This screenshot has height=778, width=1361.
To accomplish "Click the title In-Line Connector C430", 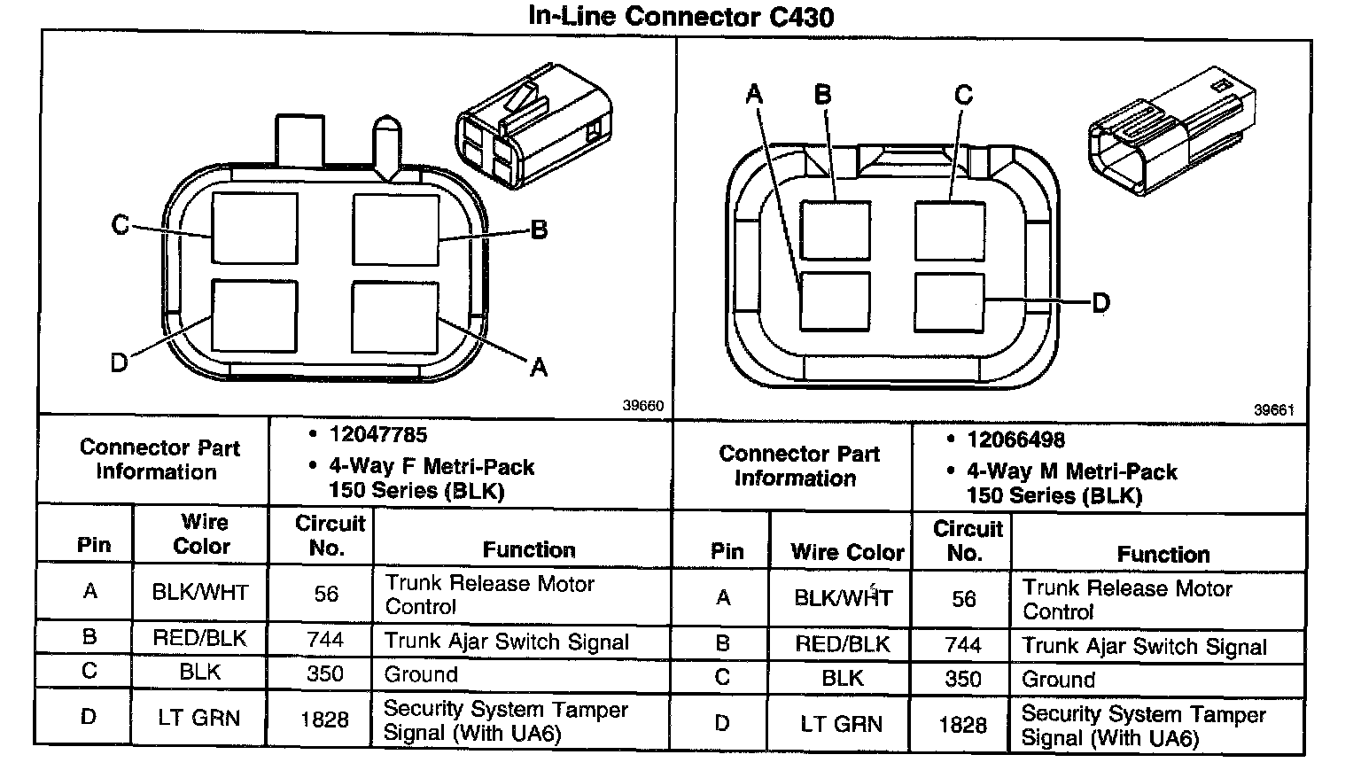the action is pyautogui.click(x=680, y=17).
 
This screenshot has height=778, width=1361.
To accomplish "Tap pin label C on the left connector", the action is pyautogui.click(x=120, y=225).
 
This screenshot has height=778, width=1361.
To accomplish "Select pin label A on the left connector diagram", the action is pyautogui.click(x=539, y=367).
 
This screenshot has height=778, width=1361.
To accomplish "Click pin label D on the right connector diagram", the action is pyautogui.click(x=1101, y=303).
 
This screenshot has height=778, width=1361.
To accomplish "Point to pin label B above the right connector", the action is pyautogui.click(x=822, y=95).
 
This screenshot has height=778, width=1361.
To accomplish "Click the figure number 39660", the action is pyautogui.click(x=642, y=406).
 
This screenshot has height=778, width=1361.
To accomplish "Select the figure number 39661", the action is pyautogui.click(x=1274, y=410).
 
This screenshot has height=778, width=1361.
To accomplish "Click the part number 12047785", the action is pyautogui.click(x=378, y=435).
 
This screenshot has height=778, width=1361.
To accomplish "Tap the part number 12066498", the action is pyautogui.click(x=1016, y=440).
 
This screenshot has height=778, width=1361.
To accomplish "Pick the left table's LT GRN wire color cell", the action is pyautogui.click(x=198, y=718).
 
